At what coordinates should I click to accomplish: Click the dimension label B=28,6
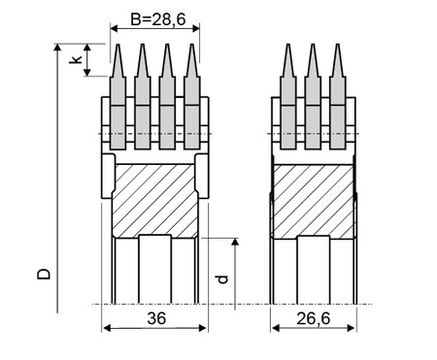point(158,19)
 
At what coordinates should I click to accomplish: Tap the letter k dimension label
point(76,59)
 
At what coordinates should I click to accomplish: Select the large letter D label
point(44,274)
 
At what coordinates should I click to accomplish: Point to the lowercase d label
point(222,278)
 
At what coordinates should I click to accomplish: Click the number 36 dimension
point(156,318)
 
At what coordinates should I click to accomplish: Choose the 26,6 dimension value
point(314,318)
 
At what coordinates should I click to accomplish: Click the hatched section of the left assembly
point(154,201)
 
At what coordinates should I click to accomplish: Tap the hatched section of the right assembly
point(314,202)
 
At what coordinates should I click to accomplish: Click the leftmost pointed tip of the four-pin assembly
point(118,45)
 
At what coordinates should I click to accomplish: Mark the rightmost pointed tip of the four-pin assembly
point(192,45)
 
